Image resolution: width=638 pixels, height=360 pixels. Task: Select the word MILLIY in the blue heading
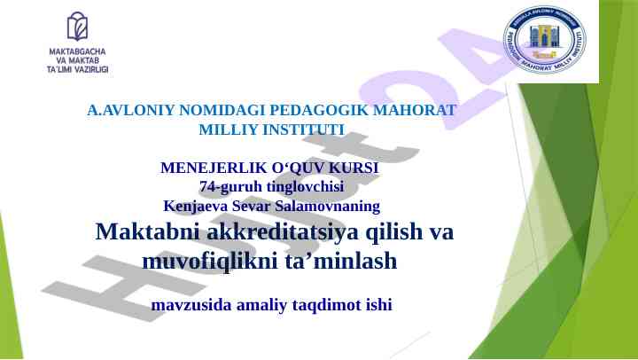[227, 129]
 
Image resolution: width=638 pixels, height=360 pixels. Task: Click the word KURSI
[353, 168]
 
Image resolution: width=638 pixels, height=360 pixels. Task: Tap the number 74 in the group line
[207, 186]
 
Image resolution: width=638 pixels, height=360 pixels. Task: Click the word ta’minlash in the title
[340, 262]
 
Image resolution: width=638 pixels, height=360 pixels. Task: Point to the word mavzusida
[189, 305]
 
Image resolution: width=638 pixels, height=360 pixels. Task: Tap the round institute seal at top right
[544, 40]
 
